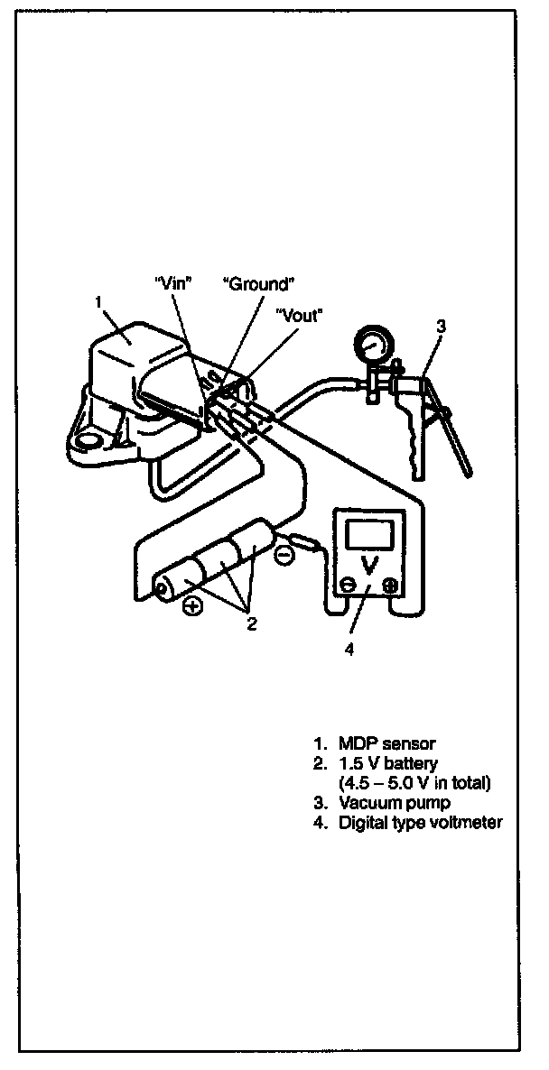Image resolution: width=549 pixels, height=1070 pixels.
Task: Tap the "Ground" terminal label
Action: [259, 284]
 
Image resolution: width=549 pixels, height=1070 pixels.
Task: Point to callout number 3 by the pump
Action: [441, 327]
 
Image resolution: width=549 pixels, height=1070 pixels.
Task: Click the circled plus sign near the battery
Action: [192, 606]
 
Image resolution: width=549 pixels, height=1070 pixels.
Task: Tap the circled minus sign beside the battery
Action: [284, 556]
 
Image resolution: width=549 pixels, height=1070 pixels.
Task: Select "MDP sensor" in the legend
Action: [386, 743]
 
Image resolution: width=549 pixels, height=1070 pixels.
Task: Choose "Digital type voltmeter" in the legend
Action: [420, 821]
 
